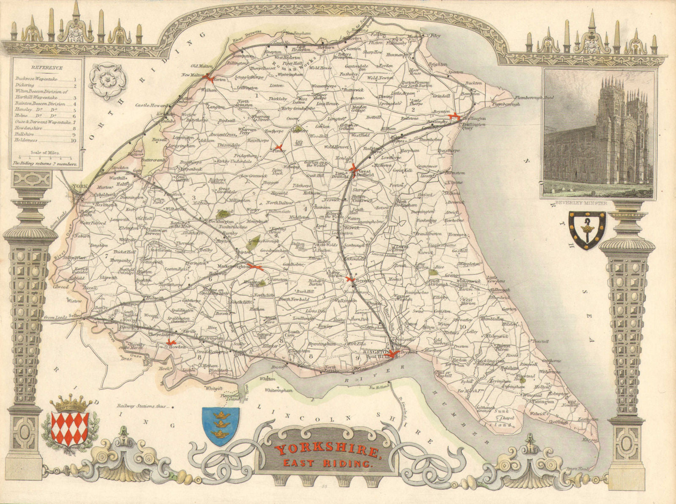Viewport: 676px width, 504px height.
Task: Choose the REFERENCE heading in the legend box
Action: tap(47, 68)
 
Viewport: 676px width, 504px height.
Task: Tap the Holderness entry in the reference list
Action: tap(26, 140)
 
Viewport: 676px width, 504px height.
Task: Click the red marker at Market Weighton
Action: tap(256, 267)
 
